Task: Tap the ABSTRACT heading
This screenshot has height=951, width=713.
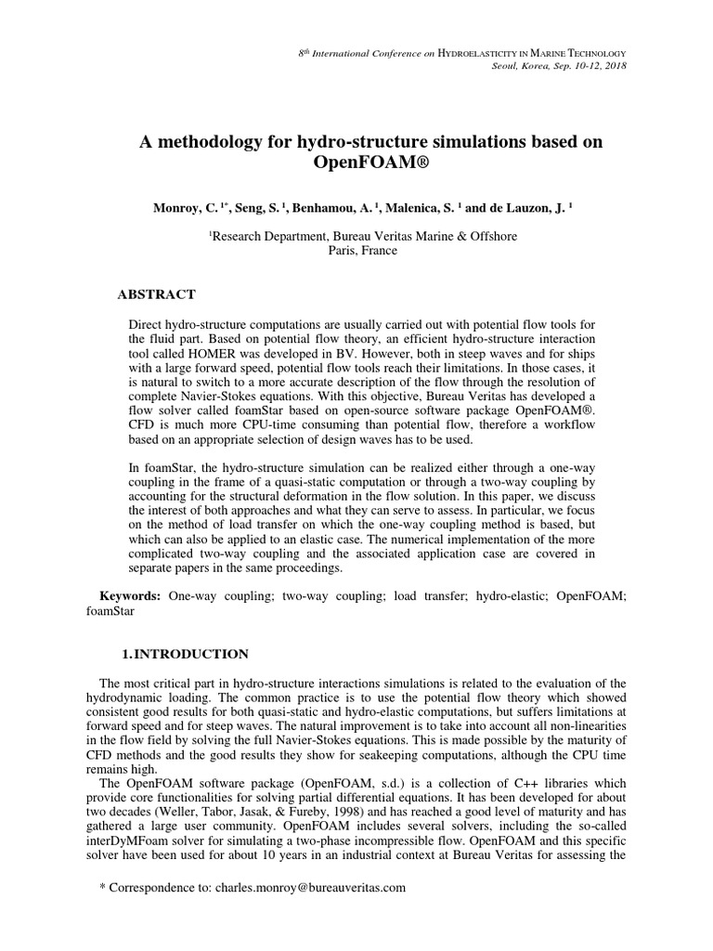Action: (156, 294)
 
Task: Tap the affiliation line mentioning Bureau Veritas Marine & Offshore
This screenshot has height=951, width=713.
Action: (364, 236)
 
